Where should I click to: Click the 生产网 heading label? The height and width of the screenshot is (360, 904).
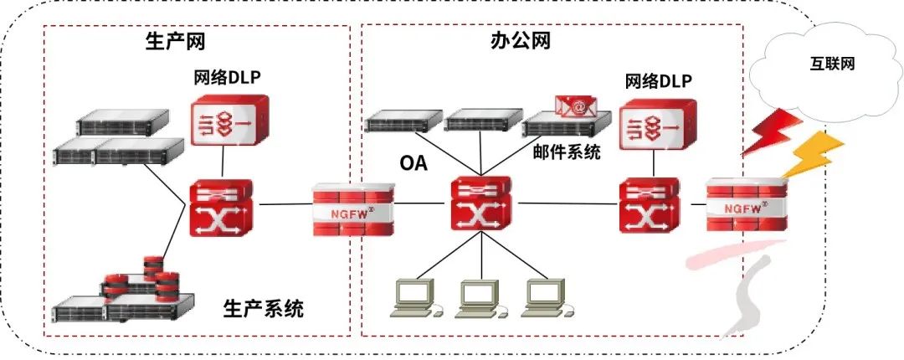(175, 41)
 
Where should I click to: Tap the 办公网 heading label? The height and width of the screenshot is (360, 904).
(521, 41)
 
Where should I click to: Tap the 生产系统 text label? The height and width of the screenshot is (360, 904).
(264, 310)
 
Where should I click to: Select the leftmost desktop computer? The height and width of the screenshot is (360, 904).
(416, 298)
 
